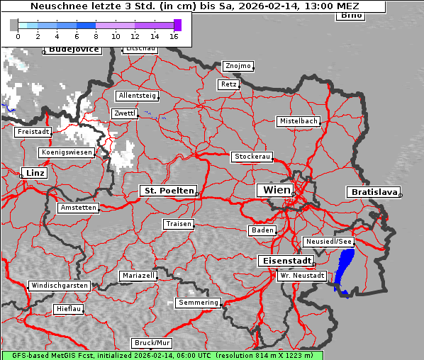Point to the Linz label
[33, 173]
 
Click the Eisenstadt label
[284, 261]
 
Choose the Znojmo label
[238, 66]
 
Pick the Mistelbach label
[298, 121]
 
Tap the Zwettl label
[125, 113]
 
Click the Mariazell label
[138, 275]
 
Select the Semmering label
[199, 303]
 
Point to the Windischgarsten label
[59, 286]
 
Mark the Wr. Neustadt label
[302, 275]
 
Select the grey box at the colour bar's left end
[13, 25]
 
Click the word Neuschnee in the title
[57, 6]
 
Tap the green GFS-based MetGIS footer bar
[162, 355]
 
